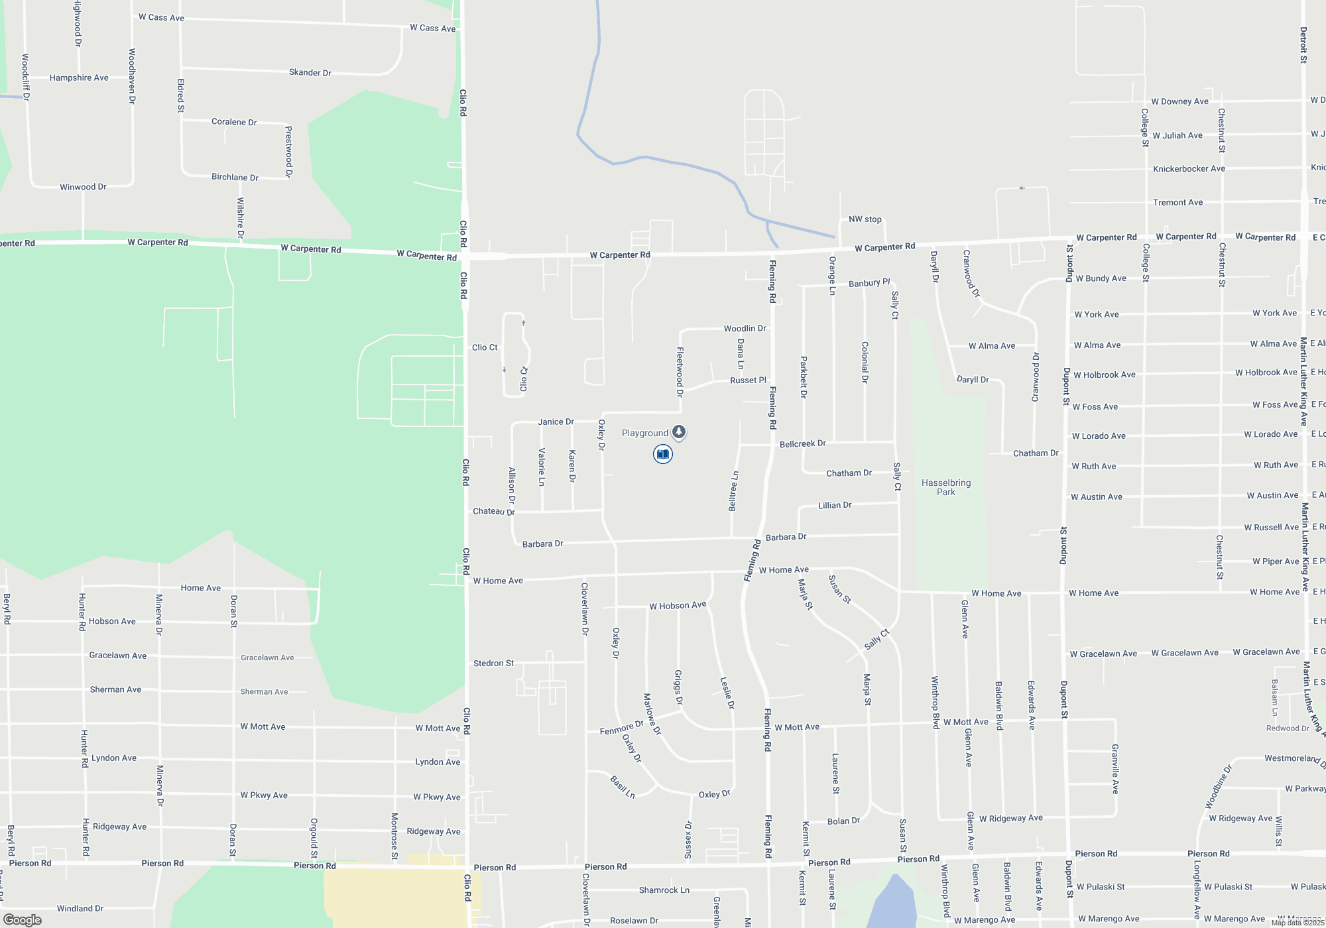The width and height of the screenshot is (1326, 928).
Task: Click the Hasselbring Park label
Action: click(x=946, y=487)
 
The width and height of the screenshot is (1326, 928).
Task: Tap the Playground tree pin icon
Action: click(x=678, y=432)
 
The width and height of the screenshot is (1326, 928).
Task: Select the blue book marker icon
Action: click(x=662, y=454)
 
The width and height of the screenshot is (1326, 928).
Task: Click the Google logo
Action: click(x=23, y=920)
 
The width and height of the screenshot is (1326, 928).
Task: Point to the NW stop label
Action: click(x=865, y=219)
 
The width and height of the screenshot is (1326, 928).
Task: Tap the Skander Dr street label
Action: click(x=310, y=72)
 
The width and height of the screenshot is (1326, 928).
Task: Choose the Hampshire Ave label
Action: click(x=79, y=78)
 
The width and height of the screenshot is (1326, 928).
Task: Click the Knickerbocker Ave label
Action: click(x=1189, y=169)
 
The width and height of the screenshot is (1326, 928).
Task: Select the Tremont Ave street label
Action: click(x=1177, y=202)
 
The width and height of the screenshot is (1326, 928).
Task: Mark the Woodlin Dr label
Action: click(x=745, y=328)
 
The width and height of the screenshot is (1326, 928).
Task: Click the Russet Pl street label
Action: click(x=748, y=380)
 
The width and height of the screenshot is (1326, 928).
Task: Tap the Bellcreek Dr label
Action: click(x=802, y=443)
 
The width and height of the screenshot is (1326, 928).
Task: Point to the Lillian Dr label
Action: click(x=835, y=505)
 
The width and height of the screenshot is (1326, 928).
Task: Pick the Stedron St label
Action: click(x=493, y=663)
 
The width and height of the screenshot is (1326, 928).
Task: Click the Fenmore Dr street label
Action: click(x=621, y=728)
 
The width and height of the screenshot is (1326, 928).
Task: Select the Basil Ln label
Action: click(x=623, y=786)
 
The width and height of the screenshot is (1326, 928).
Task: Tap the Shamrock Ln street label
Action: click(x=664, y=890)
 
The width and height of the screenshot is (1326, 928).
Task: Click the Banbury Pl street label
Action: click(x=869, y=283)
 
